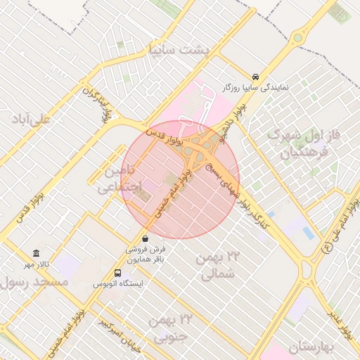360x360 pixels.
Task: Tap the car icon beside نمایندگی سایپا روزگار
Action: pyautogui.click(x=255, y=76)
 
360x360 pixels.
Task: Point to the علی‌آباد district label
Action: pyautogui.click(x=31, y=117)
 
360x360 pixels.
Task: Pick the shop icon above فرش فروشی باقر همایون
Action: pyautogui.click(x=145, y=238)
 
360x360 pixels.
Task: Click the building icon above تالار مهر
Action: pyautogui.click(x=37, y=254)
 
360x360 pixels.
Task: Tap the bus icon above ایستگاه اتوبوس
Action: pyautogui.click(x=117, y=274)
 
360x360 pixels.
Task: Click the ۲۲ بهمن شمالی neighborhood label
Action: pyautogui.click(x=218, y=266)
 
